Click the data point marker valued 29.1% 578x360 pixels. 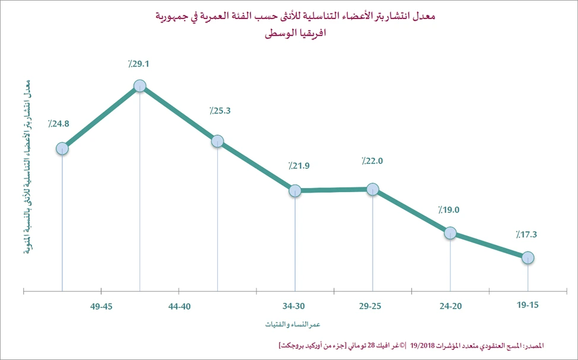point(140,86)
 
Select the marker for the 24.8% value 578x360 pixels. point(62,148)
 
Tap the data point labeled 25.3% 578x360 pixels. point(217,141)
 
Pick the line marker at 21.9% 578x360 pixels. point(295,191)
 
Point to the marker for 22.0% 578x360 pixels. point(373,189)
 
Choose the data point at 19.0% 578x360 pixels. point(450,232)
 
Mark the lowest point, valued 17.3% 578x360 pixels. point(528,257)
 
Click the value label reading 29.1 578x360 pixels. point(138,63)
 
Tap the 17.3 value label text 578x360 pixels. point(526,234)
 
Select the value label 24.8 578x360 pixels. point(59,125)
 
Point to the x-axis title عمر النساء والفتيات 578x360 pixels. point(293,324)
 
